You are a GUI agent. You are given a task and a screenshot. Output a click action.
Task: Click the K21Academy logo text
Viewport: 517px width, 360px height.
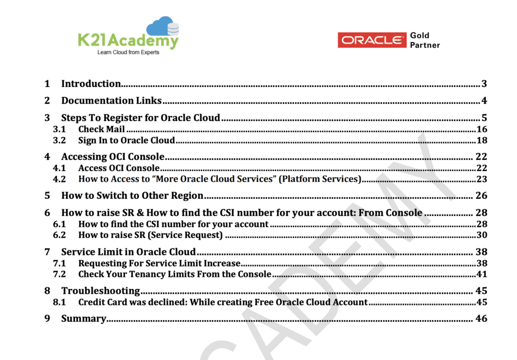tap(128, 40)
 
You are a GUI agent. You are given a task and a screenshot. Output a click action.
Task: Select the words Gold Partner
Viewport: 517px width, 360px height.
tap(425, 40)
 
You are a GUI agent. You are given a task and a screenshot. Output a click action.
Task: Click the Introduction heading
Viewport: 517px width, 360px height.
tap(91, 84)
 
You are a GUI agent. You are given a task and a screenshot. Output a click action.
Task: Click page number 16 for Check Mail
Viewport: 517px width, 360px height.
tap(482, 129)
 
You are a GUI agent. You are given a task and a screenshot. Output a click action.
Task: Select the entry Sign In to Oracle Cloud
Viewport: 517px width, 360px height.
tap(126, 140)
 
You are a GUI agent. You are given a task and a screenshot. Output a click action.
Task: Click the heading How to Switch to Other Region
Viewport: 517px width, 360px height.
tap(132, 195)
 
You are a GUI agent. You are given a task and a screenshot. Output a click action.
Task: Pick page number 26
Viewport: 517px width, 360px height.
tap(481, 195)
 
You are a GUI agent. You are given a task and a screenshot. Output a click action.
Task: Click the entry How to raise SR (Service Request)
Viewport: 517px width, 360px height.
tap(150, 235)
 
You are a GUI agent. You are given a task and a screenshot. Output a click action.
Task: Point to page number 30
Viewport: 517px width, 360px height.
tap(482, 235)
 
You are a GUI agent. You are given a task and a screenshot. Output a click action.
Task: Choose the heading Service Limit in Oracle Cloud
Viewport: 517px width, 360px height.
tap(128, 251)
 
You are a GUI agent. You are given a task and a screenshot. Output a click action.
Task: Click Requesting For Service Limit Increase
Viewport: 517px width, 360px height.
tap(159, 263)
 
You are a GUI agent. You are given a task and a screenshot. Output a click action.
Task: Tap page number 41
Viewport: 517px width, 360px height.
tap(482, 274)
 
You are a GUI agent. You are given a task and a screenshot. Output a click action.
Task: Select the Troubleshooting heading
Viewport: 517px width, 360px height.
tap(100, 291)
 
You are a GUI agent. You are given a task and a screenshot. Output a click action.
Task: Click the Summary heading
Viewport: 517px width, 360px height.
tap(83, 319)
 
